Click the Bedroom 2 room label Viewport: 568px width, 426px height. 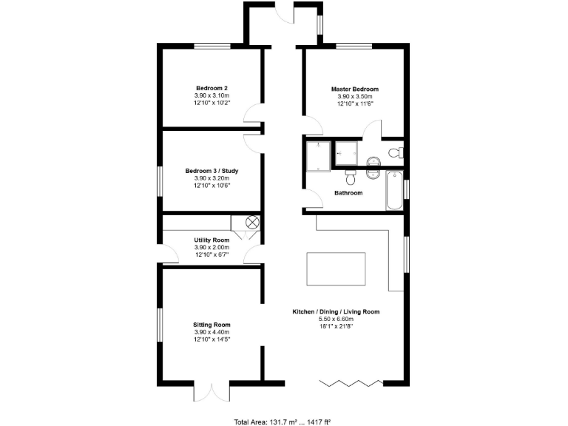(212, 87)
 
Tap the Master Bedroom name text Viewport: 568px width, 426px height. (355, 89)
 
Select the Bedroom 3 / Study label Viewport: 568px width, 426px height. (212, 171)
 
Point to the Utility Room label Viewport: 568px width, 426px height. (212, 240)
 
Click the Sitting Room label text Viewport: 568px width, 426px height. (212, 325)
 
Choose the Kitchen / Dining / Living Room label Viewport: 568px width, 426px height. (336, 312)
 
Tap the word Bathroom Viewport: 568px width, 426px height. (348, 193)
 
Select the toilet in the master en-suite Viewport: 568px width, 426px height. (396, 153)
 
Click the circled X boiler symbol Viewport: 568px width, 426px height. (251, 221)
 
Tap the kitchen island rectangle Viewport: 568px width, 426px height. (336, 269)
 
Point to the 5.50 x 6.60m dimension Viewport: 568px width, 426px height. (336, 319)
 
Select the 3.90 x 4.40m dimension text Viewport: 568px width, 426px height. (212, 332)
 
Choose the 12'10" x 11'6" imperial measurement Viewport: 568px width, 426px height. (355, 104)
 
